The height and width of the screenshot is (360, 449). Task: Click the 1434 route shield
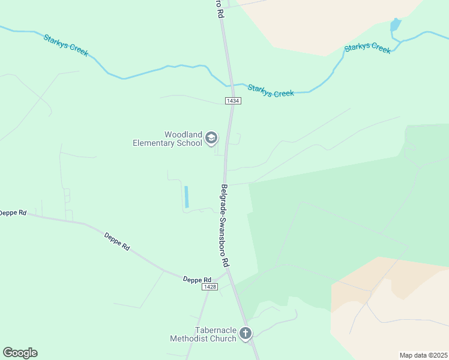[x=234, y=101]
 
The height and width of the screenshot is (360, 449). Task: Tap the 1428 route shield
[x=209, y=287]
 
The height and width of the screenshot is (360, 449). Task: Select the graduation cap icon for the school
[x=211, y=139]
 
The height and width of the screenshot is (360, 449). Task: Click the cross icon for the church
[x=245, y=334]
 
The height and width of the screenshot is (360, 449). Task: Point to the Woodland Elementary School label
[x=168, y=139]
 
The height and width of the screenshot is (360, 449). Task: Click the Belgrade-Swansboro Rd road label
[x=224, y=226]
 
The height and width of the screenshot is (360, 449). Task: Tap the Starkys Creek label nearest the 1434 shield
[x=271, y=91]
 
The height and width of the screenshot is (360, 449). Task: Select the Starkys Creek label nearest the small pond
[x=367, y=47]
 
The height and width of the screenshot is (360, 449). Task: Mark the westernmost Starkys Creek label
[x=65, y=46]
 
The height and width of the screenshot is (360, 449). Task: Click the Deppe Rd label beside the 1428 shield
[x=197, y=280]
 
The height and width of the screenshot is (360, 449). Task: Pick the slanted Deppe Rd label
[x=117, y=241]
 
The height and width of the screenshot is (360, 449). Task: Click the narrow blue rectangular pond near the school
[x=187, y=196]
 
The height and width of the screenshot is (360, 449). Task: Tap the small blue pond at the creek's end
[x=395, y=25]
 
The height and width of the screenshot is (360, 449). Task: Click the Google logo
[x=20, y=353]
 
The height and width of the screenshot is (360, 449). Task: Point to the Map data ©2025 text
[x=423, y=355]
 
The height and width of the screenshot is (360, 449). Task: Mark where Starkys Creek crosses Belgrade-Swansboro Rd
[x=229, y=85]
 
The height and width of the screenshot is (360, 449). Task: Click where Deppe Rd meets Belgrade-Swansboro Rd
[x=227, y=273]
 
